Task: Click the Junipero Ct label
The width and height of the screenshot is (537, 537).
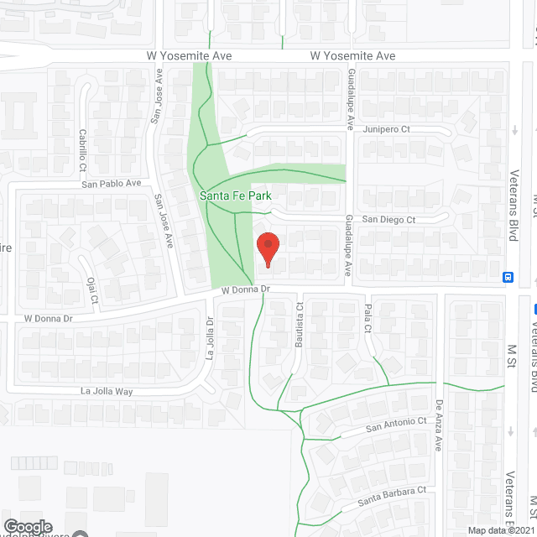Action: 387,129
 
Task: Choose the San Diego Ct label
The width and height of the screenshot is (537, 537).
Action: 388,220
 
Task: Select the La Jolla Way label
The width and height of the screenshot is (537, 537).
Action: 107,391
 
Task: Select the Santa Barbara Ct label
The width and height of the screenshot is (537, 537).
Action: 393,501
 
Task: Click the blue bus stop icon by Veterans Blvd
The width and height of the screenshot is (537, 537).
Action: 508,277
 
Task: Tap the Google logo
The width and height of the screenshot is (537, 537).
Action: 29,526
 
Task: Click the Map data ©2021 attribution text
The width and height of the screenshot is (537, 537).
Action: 500,530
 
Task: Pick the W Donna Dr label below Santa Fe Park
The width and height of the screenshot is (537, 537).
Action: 244,289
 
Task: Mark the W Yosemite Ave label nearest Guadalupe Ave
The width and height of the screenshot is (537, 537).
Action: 352,56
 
